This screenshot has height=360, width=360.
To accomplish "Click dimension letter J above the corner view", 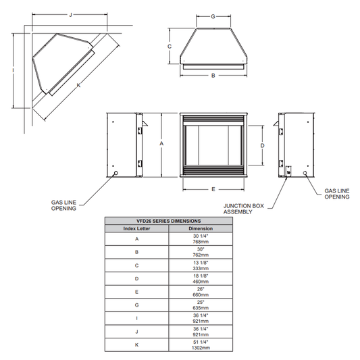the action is pyautogui.click(x=71, y=15).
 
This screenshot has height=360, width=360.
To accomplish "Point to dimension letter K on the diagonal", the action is pyautogui.click(x=79, y=85).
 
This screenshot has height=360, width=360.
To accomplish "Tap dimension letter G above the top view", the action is pyautogui.click(x=213, y=16).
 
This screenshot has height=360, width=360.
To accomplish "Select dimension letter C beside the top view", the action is pyautogui.click(x=170, y=47).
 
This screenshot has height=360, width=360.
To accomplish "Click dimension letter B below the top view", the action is pyautogui.click(x=213, y=76).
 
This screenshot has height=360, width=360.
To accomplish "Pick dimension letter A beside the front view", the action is pyautogui.click(x=161, y=144).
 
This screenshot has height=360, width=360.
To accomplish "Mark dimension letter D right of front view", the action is pyautogui.click(x=262, y=146).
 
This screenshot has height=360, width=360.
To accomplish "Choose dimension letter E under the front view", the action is pyautogui.click(x=213, y=189).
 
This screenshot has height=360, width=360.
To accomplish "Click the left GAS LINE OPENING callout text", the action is pyautogui.click(x=63, y=205).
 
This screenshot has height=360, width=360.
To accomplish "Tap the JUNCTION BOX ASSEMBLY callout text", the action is pyautogui.click(x=244, y=209).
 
